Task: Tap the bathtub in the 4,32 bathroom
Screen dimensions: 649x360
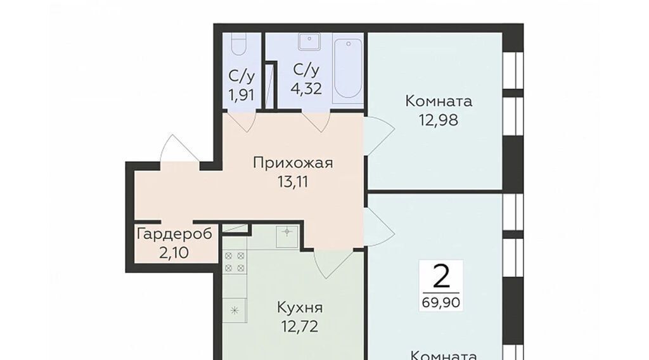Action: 348,68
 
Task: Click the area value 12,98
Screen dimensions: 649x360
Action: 439,120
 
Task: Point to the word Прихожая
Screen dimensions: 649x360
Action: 293,163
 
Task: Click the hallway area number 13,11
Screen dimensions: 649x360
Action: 293,182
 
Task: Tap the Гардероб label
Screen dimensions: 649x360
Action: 174,235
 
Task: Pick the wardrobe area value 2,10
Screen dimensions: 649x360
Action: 174,252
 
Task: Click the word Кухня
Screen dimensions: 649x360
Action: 300,308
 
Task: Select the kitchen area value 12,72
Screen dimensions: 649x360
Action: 300,327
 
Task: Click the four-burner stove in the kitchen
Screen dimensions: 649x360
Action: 235,262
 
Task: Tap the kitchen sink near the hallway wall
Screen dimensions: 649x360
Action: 287,236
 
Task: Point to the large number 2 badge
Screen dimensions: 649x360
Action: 441,276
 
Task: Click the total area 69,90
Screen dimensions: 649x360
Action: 441,302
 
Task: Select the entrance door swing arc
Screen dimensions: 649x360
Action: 181,148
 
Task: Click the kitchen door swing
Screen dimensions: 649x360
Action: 333,264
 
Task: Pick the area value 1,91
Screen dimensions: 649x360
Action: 241,96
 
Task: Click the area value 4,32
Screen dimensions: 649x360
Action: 306,89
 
